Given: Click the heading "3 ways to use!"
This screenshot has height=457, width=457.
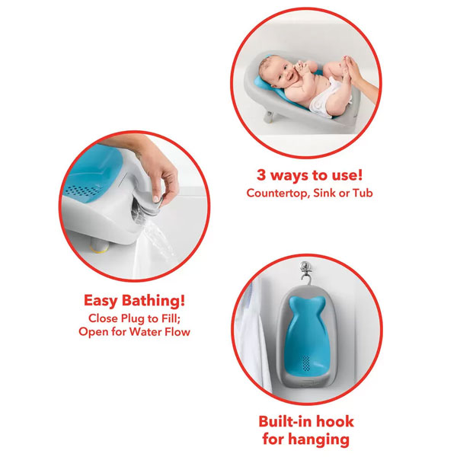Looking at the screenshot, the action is (309, 175).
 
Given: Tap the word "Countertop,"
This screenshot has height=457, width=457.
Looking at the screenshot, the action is (278, 193).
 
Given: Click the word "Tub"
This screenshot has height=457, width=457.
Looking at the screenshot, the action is (363, 193).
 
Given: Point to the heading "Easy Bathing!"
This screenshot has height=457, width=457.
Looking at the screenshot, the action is (134, 301).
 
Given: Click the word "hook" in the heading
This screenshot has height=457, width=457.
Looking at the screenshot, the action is (335, 421).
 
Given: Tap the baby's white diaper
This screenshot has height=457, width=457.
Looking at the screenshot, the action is (324, 98).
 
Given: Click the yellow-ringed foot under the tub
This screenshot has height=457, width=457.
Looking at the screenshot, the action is (100, 244).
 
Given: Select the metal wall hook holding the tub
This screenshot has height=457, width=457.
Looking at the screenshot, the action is (305, 273).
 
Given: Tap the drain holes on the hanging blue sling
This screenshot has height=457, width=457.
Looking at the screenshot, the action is (305, 363).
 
